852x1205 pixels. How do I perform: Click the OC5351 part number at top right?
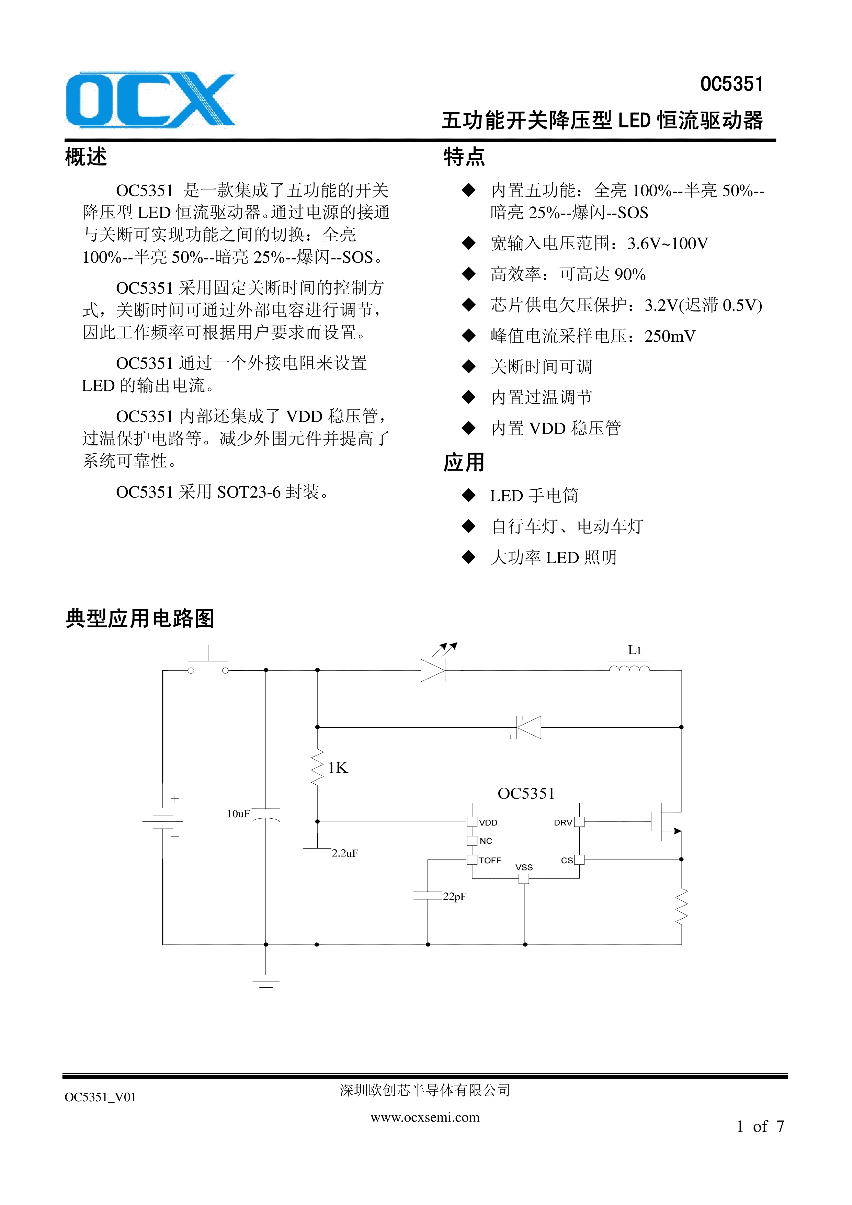731,84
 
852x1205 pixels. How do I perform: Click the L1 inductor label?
634,650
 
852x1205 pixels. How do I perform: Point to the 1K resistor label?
338,768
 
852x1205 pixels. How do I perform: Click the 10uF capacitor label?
238,814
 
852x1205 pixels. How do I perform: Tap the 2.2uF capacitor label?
345,853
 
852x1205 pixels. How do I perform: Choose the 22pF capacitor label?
454,896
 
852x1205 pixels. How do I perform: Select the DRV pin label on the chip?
563,822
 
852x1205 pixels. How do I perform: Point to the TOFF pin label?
490,860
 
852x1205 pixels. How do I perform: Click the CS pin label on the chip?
566,860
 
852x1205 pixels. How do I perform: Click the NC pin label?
486,841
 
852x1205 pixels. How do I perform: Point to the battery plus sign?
175,798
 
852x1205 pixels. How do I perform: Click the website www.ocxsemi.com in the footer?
425,1117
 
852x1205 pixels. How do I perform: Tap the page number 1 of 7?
760,1126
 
